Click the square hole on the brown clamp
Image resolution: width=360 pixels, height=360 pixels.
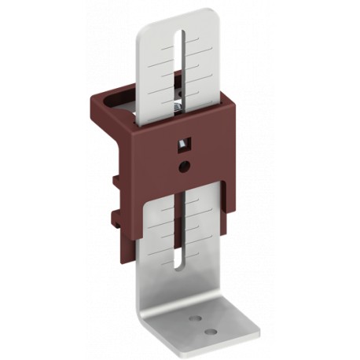click(183, 143)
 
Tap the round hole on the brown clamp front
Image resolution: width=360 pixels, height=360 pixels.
click(183, 165)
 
